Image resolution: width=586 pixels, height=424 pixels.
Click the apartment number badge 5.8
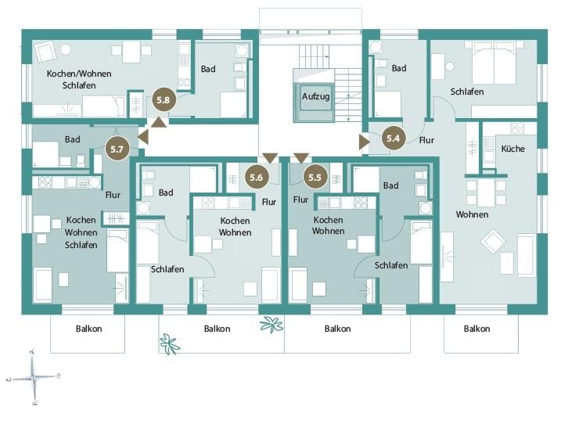[x=164, y=100]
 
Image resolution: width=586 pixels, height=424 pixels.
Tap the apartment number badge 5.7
[x=117, y=149]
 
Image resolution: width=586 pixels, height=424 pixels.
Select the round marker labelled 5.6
[x=257, y=177]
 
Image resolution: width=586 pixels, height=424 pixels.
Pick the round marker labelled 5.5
[x=315, y=177]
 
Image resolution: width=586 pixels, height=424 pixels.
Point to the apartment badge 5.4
[x=394, y=138]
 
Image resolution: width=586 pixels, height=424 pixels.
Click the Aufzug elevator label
[x=316, y=96]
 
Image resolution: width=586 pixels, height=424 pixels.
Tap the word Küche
[x=512, y=149]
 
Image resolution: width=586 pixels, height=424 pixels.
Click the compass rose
[x=34, y=377]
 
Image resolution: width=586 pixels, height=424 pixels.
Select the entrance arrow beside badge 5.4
[x=365, y=142]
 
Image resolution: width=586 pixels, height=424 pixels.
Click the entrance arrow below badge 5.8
[x=159, y=122]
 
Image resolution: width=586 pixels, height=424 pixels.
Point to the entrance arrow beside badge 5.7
[x=143, y=137]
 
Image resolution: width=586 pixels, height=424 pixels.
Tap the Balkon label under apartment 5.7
[x=89, y=329]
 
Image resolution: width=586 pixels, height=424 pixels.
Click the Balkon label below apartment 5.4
[x=477, y=329]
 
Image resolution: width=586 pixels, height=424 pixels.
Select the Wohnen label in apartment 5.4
[x=472, y=214]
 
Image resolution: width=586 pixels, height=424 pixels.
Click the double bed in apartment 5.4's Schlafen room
[x=494, y=63]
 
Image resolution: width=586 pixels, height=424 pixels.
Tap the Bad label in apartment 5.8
[x=208, y=69]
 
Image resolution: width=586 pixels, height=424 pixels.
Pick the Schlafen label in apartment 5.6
[x=167, y=269]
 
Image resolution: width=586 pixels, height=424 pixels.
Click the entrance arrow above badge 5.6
[x=270, y=158]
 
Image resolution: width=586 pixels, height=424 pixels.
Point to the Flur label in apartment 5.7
[x=113, y=195]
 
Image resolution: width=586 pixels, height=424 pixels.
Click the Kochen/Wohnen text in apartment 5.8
[x=79, y=74]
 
